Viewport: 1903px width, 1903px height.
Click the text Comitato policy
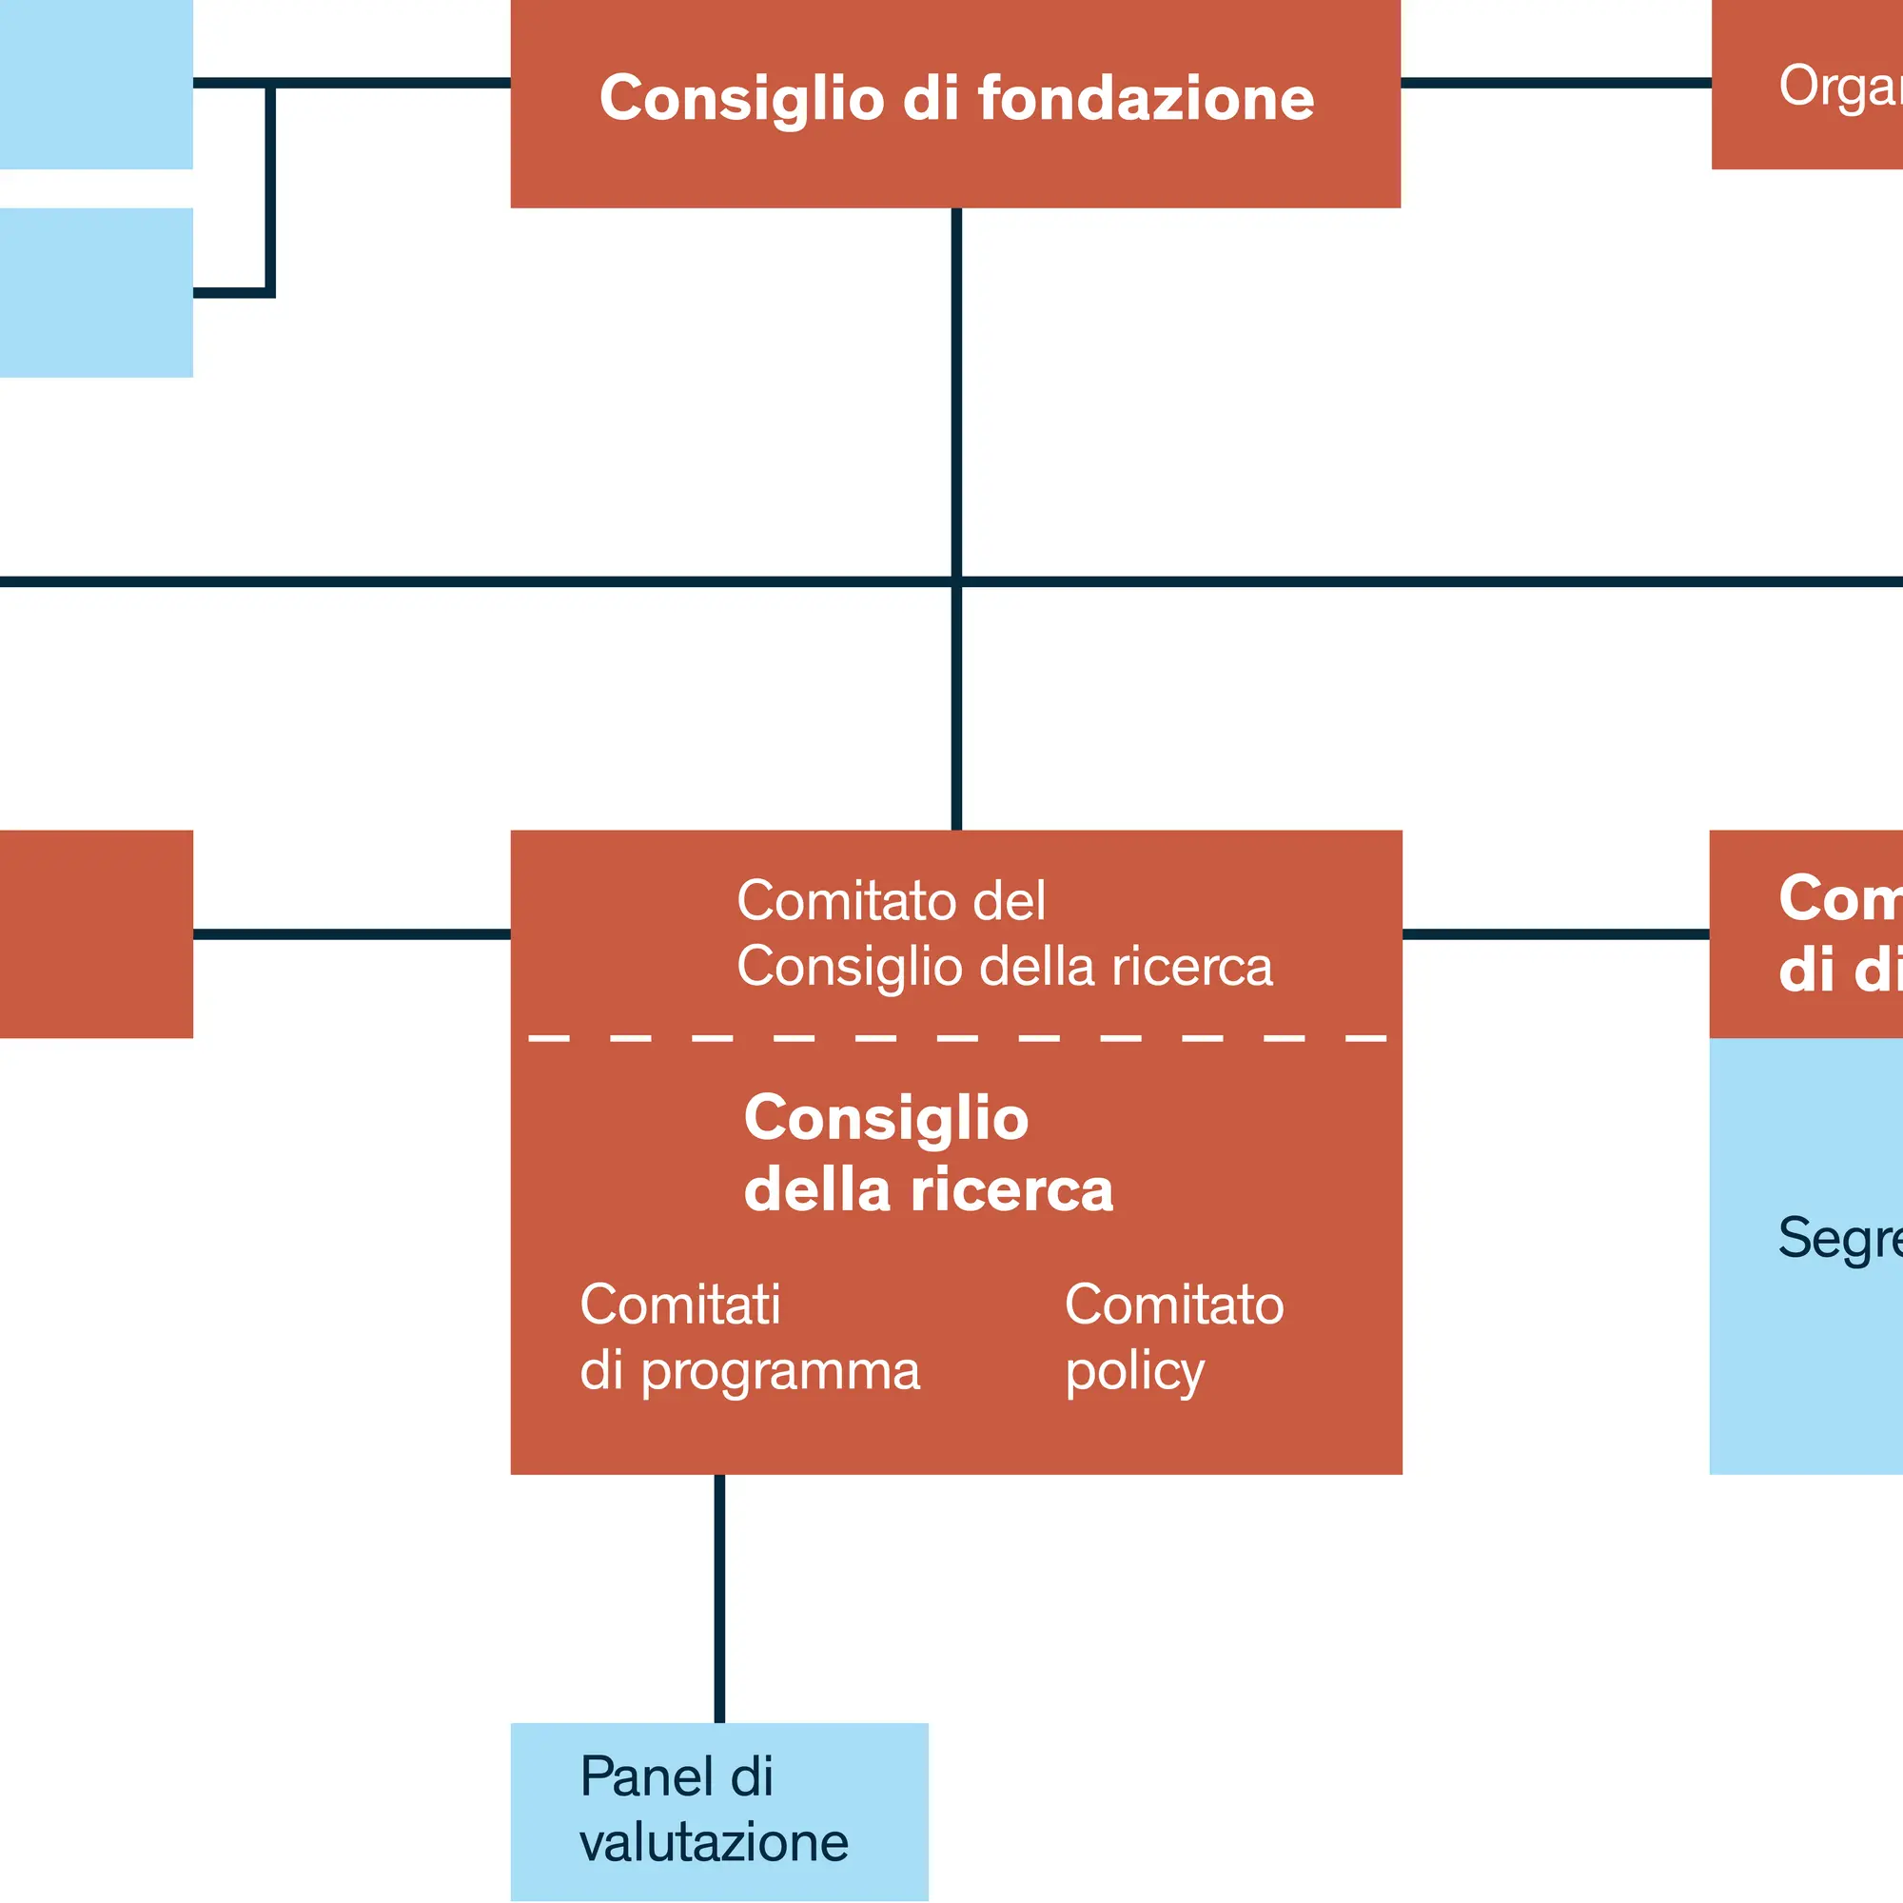pos(1174,1338)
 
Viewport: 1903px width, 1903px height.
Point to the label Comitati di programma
pos(750,1338)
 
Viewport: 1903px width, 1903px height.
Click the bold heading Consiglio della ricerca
pos(928,1154)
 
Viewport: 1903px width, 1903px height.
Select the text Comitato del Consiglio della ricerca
pos(1004,932)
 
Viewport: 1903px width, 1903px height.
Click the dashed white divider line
pos(956,1038)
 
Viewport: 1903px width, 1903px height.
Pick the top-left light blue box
pos(95,84)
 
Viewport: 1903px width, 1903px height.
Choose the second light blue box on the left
pos(95,292)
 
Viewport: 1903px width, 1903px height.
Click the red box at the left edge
pos(95,933)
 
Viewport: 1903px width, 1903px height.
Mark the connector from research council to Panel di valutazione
pos(720,1598)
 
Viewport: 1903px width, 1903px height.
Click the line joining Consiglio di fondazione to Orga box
pos(1557,83)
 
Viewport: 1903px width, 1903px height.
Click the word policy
pos(1135,1372)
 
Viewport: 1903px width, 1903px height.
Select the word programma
pos(780,1372)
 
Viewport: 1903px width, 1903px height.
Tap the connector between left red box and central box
pos(352,933)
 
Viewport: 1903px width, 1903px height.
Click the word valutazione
pos(715,1843)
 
